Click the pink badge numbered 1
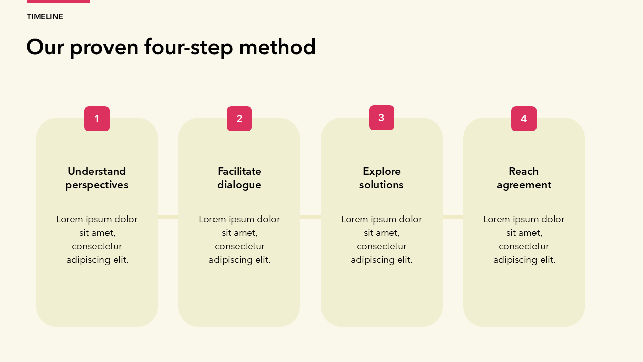tap(97, 119)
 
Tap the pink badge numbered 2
tap(239, 119)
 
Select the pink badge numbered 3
tap(381, 118)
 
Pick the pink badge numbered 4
tap(524, 119)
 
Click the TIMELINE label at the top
tap(45, 17)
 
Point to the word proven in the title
tap(104, 48)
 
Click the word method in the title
tap(277, 47)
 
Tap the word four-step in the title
tap(188, 48)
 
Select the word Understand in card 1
tap(97, 171)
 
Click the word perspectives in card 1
tap(97, 185)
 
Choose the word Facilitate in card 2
tap(239, 171)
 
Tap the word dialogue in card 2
tap(239, 185)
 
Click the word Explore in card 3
tap(381, 172)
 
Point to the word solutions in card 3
tap(381, 185)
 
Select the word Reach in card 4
tap(523, 171)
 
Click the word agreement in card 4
tap(524, 185)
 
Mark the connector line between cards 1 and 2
tap(168, 217)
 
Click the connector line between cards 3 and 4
tap(453, 217)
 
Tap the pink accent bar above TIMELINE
tap(59, 2)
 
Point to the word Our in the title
tap(45, 47)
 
